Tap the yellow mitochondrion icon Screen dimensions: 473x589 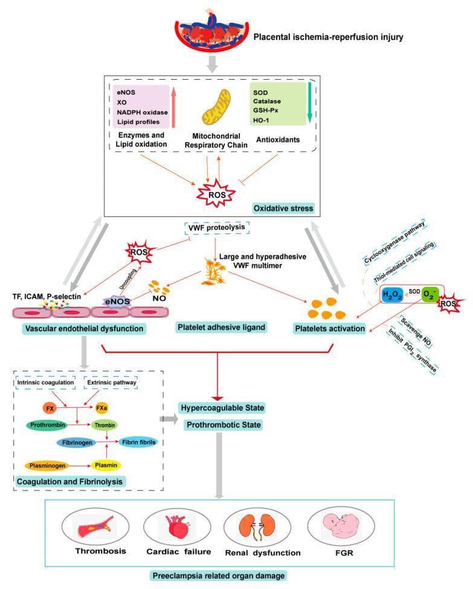[216, 108]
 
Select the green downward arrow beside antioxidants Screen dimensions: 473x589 [309, 102]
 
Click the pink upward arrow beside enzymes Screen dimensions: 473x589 [173, 107]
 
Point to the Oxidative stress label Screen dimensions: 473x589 [283, 208]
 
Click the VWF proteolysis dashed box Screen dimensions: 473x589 [217, 228]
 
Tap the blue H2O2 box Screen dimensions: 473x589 [392, 295]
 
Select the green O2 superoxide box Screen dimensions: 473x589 [430, 294]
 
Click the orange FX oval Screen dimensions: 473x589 [50, 408]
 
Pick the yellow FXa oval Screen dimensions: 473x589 [101, 408]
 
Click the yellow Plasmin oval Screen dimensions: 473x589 [106, 465]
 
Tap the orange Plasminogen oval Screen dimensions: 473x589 [47, 466]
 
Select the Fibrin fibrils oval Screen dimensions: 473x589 [138, 442]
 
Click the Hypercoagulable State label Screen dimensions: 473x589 [222, 408]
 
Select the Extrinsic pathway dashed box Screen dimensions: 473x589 [111, 382]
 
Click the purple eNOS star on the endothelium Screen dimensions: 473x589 [118, 301]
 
